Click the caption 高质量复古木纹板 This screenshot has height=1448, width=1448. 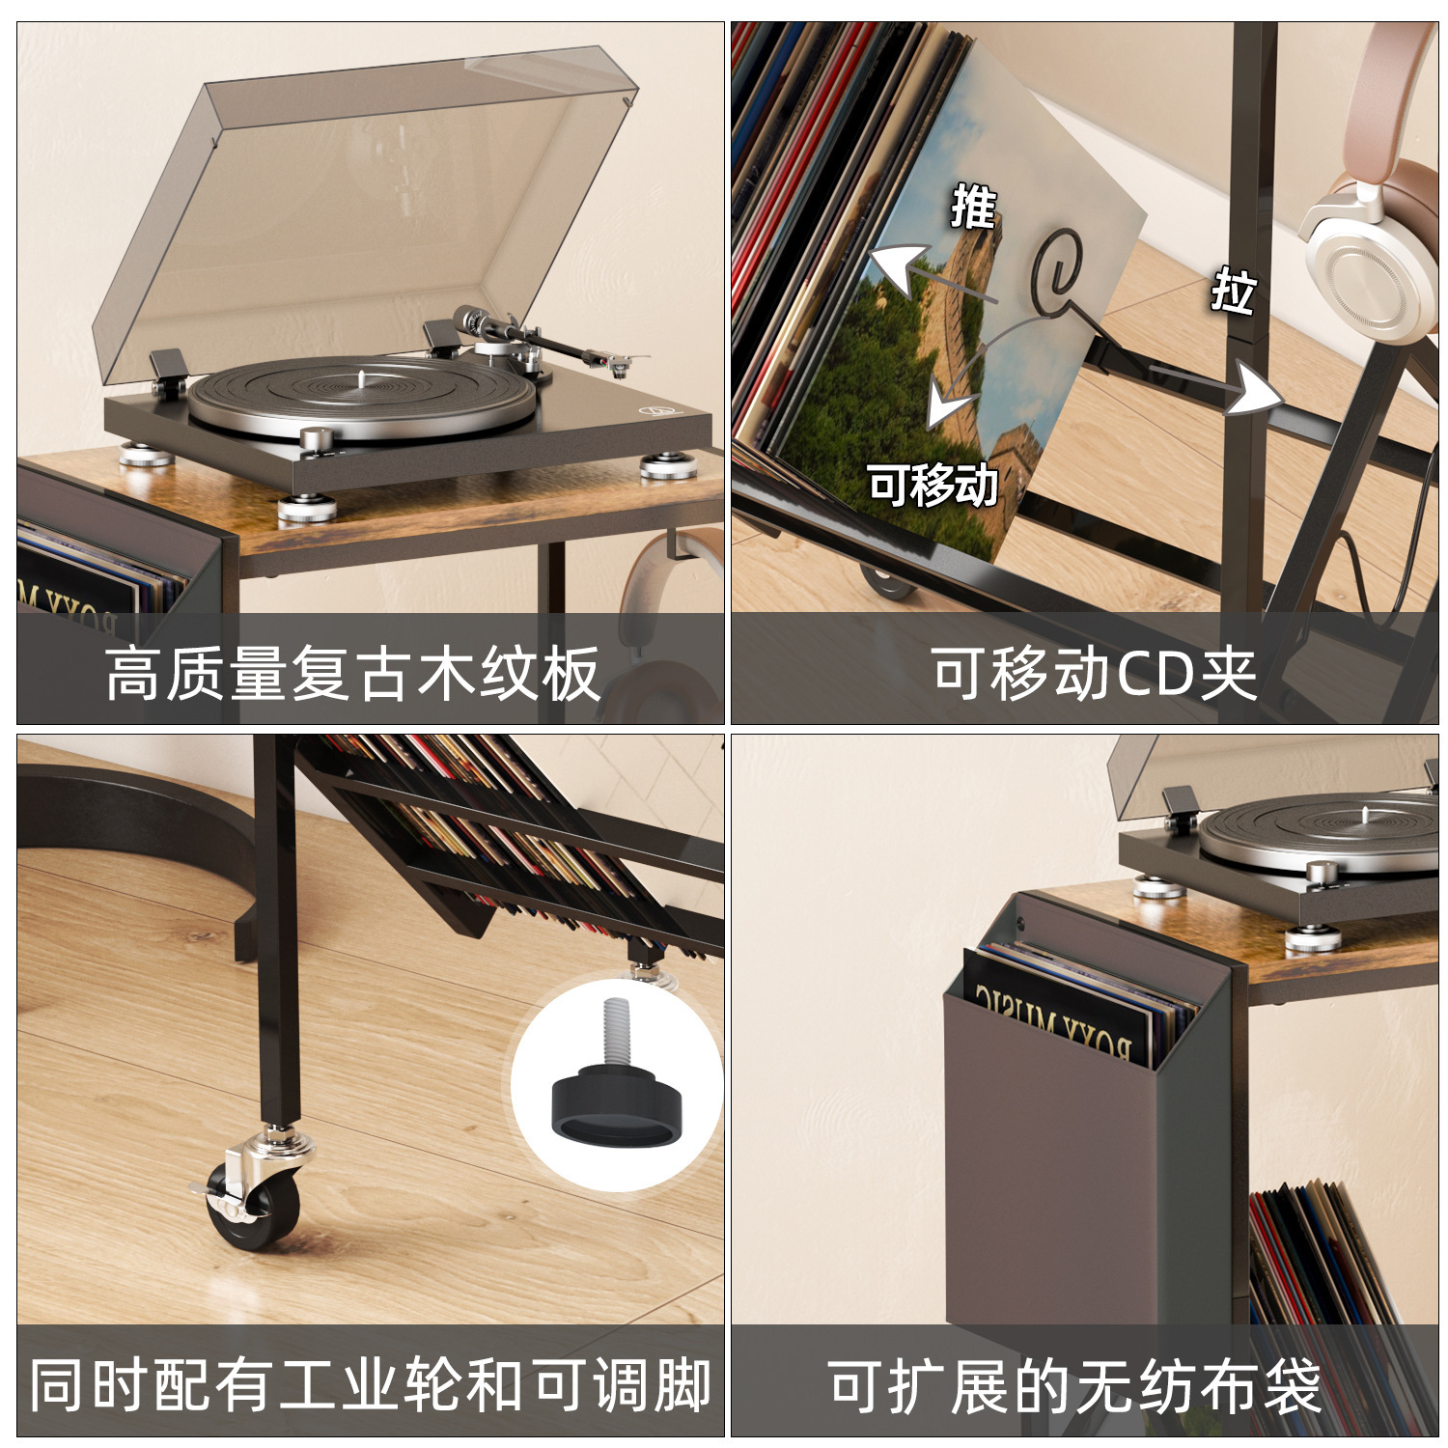pyautogui.click(x=353, y=674)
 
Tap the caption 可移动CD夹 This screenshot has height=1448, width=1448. pyautogui.click(x=1094, y=674)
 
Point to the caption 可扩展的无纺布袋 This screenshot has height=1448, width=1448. pyautogui.click(x=1074, y=1386)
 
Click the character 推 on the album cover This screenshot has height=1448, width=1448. pyautogui.click(x=973, y=206)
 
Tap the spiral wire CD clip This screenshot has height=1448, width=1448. pyautogui.click(x=1060, y=270)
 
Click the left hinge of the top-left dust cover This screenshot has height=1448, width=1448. pyautogui.click(x=170, y=367)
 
